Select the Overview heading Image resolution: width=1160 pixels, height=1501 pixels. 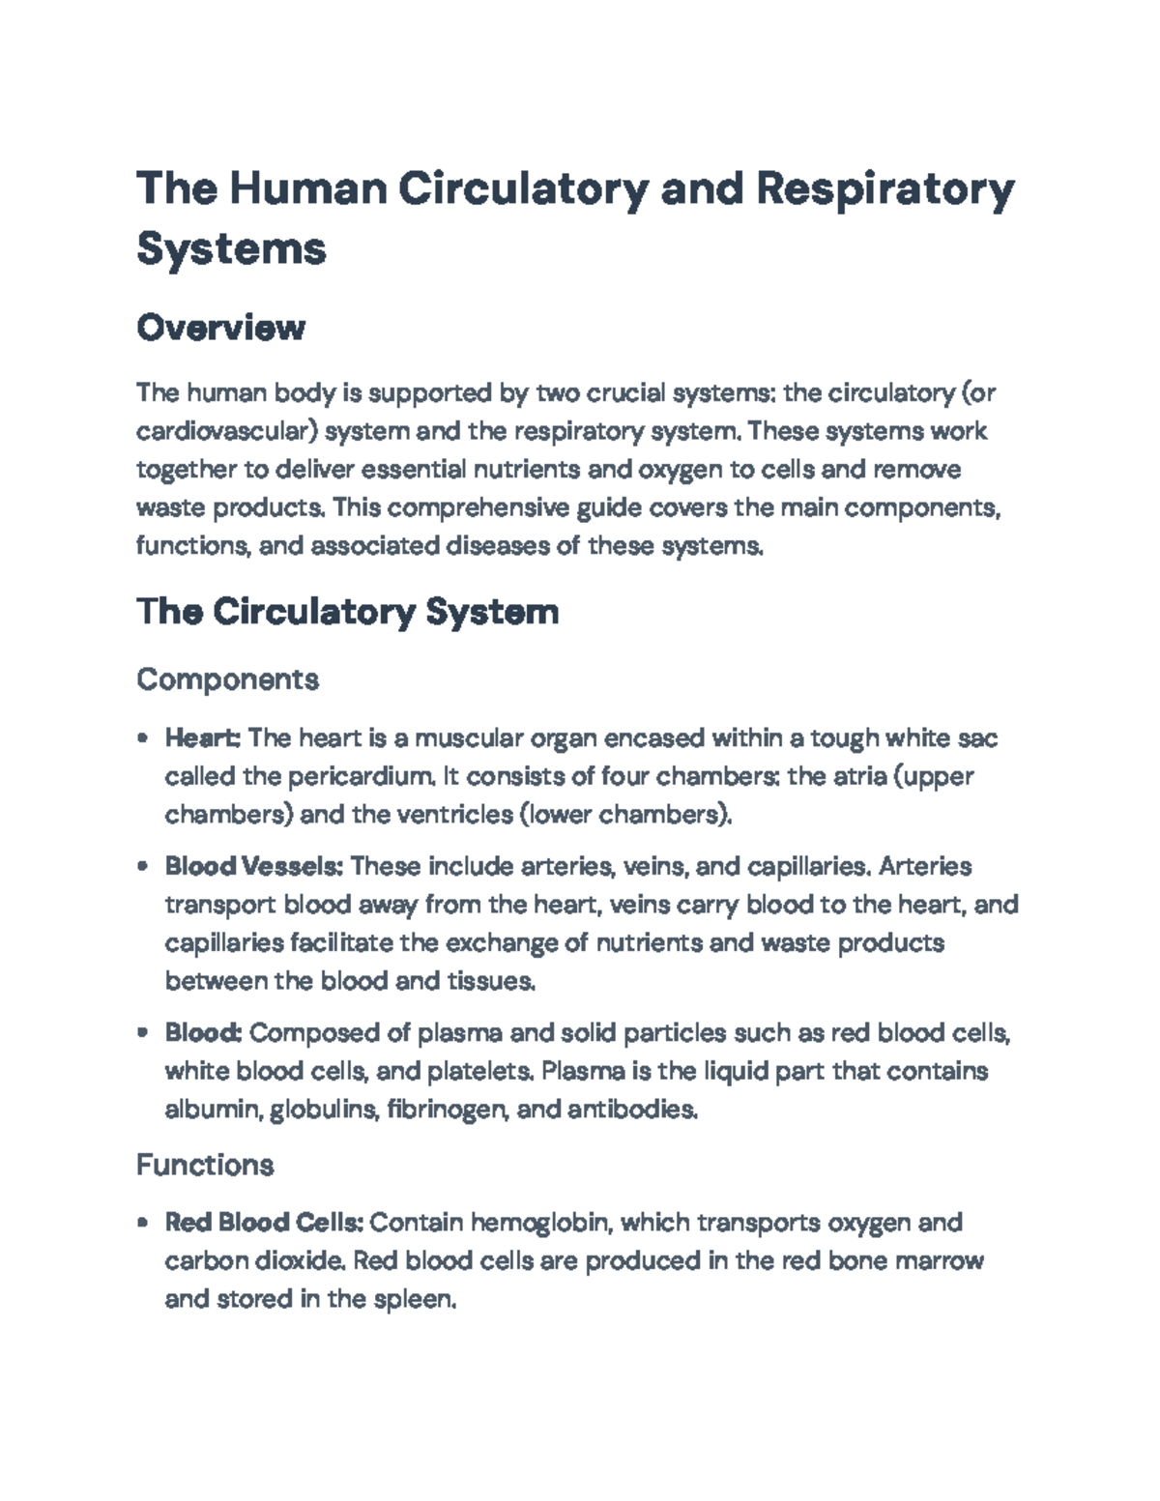[221, 328]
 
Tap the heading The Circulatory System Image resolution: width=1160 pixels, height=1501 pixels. [348, 612]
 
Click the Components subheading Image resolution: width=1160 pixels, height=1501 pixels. [228, 679]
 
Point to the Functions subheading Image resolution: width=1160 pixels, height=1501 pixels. [205, 1165]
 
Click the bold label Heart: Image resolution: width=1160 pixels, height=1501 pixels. [202, 738]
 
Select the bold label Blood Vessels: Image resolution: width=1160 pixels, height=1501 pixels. [254, 866]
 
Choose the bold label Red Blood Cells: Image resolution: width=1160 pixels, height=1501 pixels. [264, 1223]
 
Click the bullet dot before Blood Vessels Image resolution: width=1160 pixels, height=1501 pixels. [143, 867]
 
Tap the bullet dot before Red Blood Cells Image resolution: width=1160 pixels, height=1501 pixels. [143, 1224]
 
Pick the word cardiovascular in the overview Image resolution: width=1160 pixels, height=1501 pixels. [227, 431]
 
